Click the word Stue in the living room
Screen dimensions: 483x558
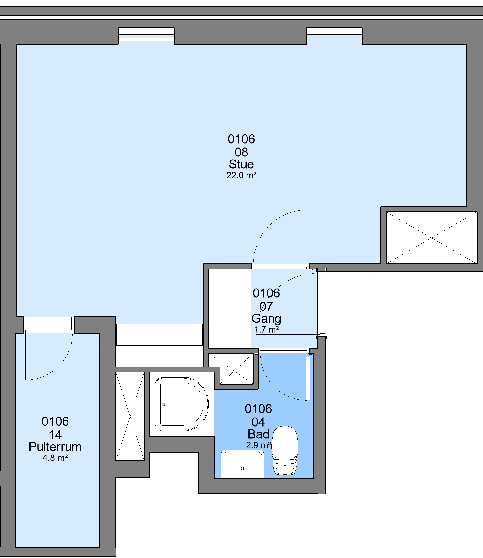[x=241, y=164]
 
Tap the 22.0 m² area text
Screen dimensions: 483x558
[x=241, y=175]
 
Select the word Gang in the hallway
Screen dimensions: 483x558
[x=266, y=319]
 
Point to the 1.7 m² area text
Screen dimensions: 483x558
[x=266, y=329]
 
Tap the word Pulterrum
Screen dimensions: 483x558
[x=55, y=447]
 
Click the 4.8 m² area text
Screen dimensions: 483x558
[x=55, y=458]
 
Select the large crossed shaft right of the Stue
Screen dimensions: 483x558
[x=431, y=238]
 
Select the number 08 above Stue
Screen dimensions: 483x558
[x=241, y=152]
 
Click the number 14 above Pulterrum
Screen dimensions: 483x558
[x=55, y=435]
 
